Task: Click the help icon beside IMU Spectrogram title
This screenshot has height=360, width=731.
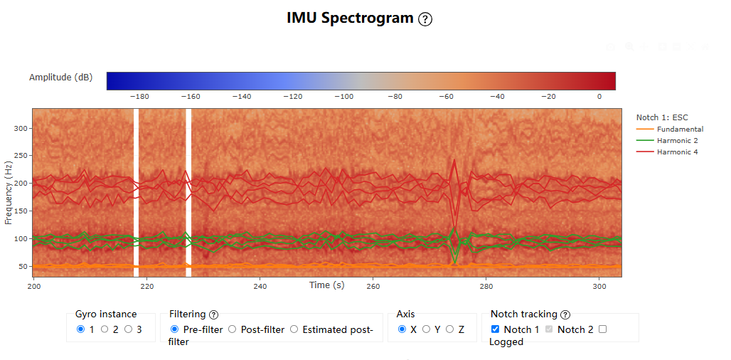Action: click(x=425, y=19)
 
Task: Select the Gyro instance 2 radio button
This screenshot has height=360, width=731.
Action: click(x=105, y=329)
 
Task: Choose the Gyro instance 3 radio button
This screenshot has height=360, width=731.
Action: click(x=128, y=329)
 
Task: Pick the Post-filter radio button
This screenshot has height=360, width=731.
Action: click(x=232, y=329)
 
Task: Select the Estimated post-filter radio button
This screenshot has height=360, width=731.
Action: click(x=294, y=329)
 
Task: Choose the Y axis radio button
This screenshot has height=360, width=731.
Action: click(x=426, y=329)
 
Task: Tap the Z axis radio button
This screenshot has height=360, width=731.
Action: click(x=450, y=329)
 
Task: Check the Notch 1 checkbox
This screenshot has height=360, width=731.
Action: click(x=495, y=329)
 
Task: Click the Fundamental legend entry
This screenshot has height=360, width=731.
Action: click(x=670, y=129)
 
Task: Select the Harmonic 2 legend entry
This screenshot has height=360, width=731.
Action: click(x=667, y=140)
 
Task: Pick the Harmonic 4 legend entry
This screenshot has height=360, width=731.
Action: click(x=667, y=152)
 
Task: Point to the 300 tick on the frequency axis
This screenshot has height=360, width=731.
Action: click(x=22, y=128)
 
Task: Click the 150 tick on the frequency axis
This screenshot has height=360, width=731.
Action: click(x=22, y=211)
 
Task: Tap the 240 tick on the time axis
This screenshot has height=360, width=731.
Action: click(x=260, y=286)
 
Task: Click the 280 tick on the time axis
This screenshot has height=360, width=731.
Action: click(x=486, y=286)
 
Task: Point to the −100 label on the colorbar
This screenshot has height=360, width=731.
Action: click(x=344, y=97)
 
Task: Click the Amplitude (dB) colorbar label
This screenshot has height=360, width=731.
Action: click(x=60, y=78)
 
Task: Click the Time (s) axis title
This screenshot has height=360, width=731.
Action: click(x=327, y=285)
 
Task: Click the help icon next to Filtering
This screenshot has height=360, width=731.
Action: click(x=213, y=314)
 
